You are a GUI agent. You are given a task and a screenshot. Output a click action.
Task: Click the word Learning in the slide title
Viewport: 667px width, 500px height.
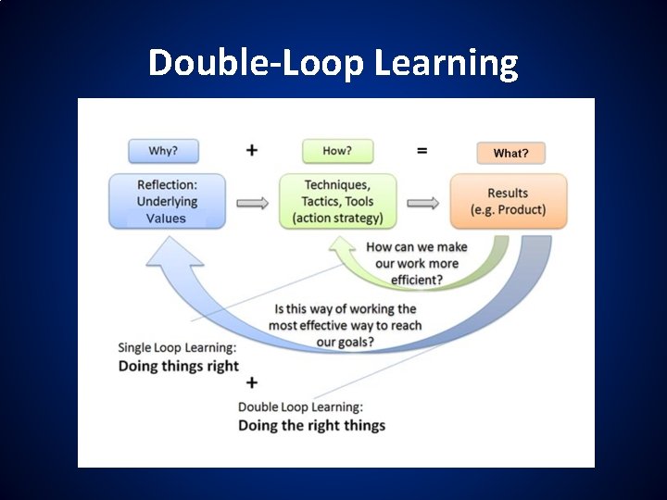[x=447, y=64]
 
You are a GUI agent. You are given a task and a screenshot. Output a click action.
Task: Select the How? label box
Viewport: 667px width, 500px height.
[x=337, y=150]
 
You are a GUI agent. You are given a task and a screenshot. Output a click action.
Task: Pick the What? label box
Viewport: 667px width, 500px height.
[x=510, y=153]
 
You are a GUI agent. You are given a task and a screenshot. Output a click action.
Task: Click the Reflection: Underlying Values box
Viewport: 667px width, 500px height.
[x=166, y=201]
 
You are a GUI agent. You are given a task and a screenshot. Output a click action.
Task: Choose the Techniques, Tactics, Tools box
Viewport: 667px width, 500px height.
[x=337, y=201]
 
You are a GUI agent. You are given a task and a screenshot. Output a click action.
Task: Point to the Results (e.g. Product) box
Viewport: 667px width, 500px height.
[x=508, y=201]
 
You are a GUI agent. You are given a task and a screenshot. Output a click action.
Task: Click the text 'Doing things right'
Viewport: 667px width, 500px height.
[x=179, y=366]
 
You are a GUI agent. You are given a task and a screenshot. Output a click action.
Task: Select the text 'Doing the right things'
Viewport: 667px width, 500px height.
[x=311, y=426]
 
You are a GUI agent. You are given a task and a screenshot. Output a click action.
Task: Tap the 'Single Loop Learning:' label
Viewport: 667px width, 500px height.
[x=177, y=348]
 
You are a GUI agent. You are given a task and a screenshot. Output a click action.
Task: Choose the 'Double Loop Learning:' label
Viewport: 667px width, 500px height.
[x=300, y=407]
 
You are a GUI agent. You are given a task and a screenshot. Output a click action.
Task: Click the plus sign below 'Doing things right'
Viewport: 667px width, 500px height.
[x=251, y=382]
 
